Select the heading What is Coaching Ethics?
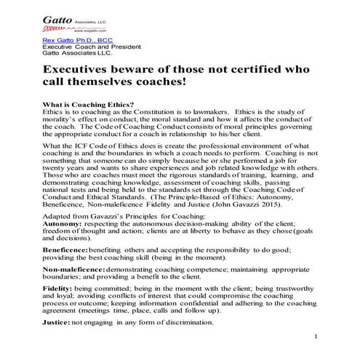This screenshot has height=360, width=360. (x=89, y=105)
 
